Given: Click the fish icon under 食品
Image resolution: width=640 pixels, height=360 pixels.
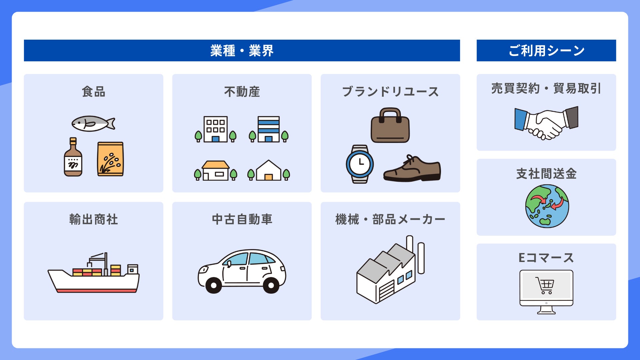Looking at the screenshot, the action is (93, 124).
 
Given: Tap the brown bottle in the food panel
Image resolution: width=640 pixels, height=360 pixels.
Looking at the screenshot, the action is (73, 158).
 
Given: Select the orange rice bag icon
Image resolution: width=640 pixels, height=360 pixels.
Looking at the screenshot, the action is (110, 159).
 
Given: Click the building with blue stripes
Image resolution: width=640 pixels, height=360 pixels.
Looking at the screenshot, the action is (268, 129).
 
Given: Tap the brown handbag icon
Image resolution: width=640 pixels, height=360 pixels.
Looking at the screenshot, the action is (390, 126).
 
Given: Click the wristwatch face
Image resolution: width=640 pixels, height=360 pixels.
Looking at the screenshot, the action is (360, 164).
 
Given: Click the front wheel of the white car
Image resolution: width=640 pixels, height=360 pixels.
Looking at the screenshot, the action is (214, 285).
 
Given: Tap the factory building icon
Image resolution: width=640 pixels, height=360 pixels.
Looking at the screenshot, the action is (388, 272).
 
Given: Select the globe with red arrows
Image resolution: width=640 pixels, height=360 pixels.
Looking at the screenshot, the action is (547, 206).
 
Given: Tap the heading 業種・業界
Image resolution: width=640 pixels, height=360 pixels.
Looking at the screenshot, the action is (242, 51).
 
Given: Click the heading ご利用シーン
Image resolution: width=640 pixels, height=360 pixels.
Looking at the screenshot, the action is (546, 51).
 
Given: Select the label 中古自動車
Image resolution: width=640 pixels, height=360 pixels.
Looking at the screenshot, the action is (242, 219).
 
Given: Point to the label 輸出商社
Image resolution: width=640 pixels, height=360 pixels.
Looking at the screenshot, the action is (94, 219).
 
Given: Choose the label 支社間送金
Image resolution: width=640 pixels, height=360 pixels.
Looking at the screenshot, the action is (546, 174).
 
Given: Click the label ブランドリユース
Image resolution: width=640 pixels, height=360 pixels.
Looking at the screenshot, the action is (390, 92).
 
